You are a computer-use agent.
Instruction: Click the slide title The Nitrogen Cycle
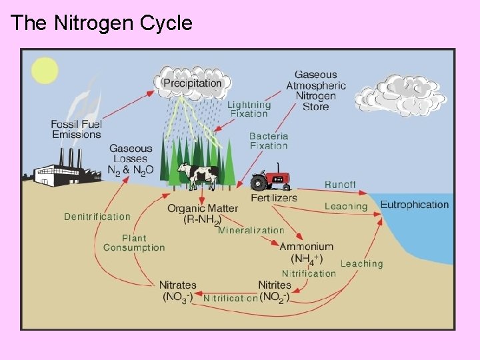click(101, 23)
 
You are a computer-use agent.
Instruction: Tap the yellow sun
click(45, 71)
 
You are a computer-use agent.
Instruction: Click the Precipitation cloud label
click(192, 83)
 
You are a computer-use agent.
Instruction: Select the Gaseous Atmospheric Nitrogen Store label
click(315, 91)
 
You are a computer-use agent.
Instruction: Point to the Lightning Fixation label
click(249, 109)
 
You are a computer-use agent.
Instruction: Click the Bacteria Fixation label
click(269, 140)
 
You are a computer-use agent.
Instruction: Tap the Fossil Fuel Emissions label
click(76, 129)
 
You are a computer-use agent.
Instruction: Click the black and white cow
click(197, 175)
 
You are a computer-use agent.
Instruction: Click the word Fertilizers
click(274, 197)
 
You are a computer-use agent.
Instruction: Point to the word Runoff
click(340, 184)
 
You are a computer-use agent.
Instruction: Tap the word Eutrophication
click(415, 205)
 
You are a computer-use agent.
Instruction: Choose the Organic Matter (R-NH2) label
click(203, 214)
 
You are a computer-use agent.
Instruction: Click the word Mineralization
click(251, 231)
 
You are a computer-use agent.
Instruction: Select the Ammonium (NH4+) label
click(307, 252)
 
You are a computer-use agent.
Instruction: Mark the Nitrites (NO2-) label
click(274, 291)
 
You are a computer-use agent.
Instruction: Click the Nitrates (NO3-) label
click(177, 291)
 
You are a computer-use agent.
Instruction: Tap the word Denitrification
click(97, 217)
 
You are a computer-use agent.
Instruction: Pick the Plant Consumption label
click(134, 243)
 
